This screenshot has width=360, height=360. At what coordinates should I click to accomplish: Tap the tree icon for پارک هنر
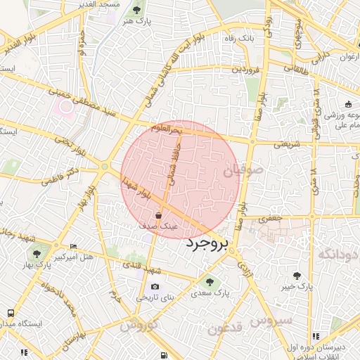[136, 10]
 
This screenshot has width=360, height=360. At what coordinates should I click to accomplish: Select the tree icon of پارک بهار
[37, 254]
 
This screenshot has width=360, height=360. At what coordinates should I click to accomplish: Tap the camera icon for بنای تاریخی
[155, 287]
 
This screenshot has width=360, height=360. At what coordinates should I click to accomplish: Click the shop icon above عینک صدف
[159, 214]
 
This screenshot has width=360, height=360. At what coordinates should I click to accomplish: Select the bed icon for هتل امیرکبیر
[74, 247]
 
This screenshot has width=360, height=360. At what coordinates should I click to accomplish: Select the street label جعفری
[269, 219]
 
